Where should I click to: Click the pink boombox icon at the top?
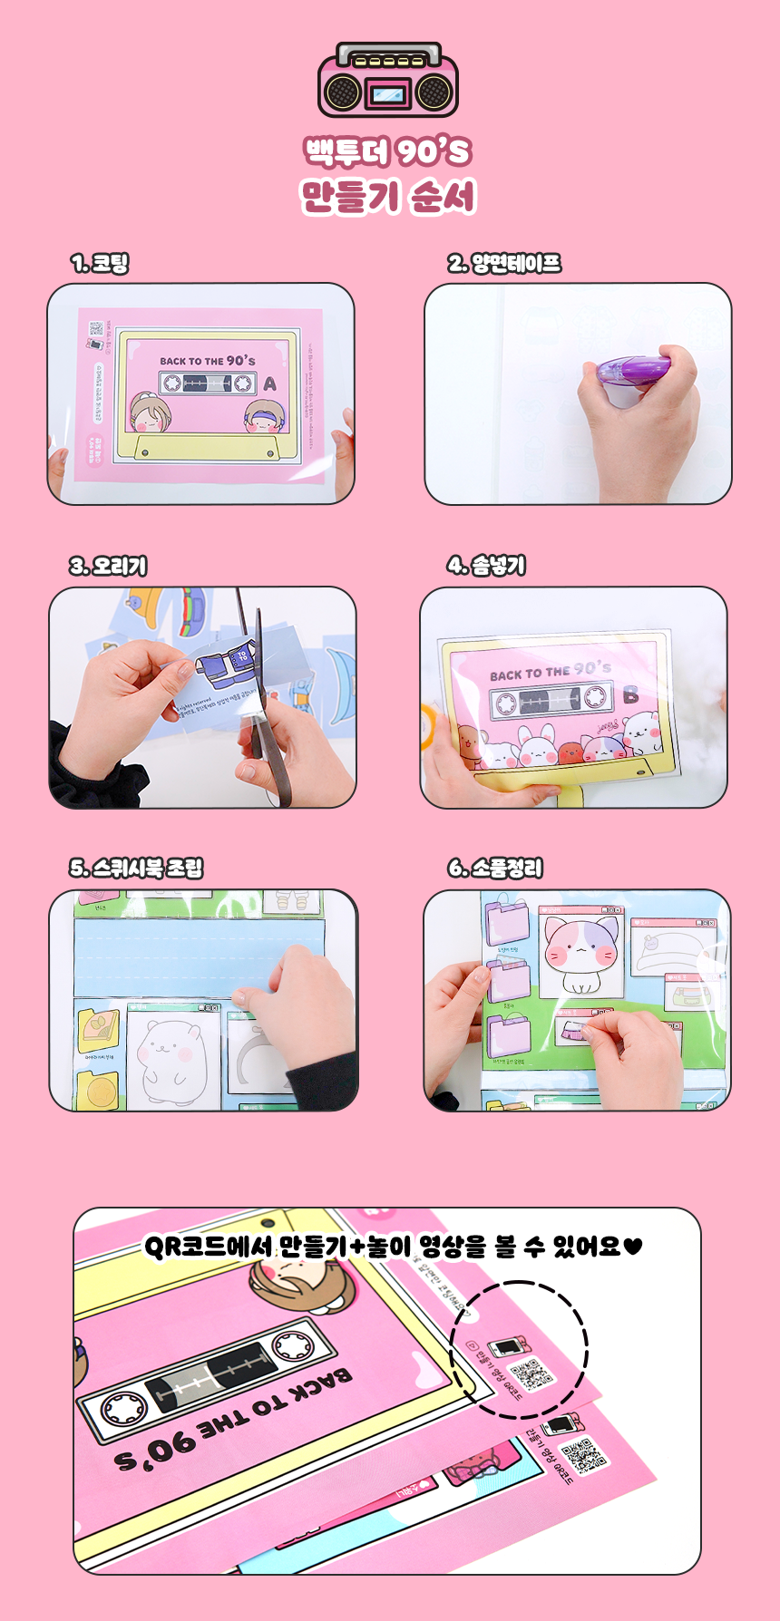point(388,82)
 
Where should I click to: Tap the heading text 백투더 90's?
point(388,151)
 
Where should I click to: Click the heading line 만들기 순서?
point(388,197)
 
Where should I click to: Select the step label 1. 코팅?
point(100,264)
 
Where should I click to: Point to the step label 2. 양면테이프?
point(504,264)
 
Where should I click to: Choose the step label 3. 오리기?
point(108,566)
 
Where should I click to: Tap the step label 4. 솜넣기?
point(486,566)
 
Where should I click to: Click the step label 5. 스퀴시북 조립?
point(136,868)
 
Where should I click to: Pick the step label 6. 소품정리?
point(495,868)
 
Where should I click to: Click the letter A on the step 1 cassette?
point(269,384)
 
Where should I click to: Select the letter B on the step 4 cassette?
point(630,695)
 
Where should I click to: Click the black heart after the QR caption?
point(633,1247)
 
